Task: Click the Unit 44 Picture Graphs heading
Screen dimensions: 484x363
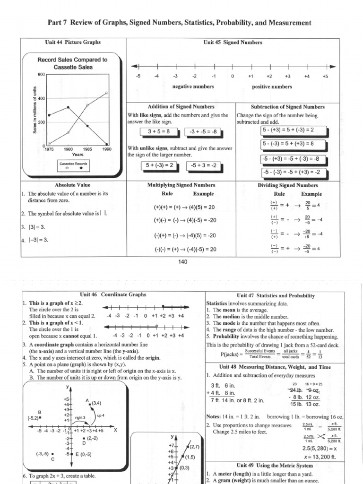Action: tap(73, 43)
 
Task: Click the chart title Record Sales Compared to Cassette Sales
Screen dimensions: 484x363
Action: tap(73, 63)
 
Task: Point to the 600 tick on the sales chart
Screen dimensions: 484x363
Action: tap(41, 75)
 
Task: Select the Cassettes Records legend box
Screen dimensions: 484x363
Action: tap(73, 165)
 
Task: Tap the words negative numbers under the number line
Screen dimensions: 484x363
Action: tap(193, 87)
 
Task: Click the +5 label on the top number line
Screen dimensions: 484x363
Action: tap(325, 76)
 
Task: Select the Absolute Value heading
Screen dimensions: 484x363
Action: tap(73, 185)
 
